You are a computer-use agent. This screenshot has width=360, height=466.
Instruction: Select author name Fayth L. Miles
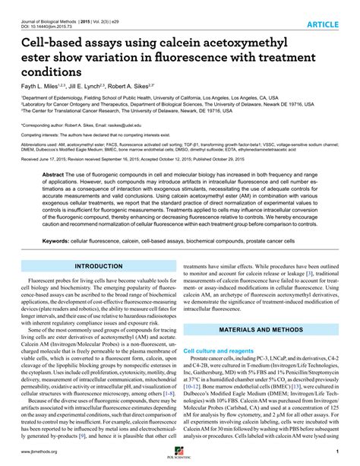click(x=43, y=87)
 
